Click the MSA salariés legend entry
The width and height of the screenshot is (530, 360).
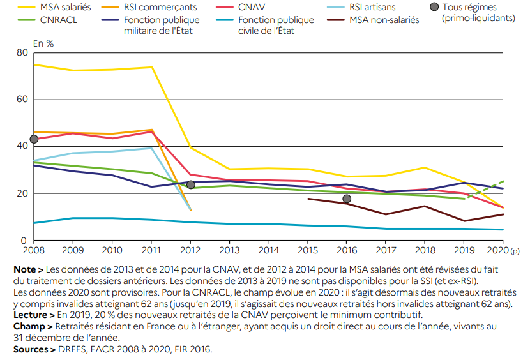(64, 8)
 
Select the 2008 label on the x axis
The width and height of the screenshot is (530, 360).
(34, 251)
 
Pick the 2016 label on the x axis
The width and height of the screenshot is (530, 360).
(347, 251)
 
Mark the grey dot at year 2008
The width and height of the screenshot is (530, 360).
(34, 139)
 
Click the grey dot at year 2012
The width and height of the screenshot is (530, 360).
(190, 184)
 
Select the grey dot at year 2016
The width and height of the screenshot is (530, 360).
(347, 199)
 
